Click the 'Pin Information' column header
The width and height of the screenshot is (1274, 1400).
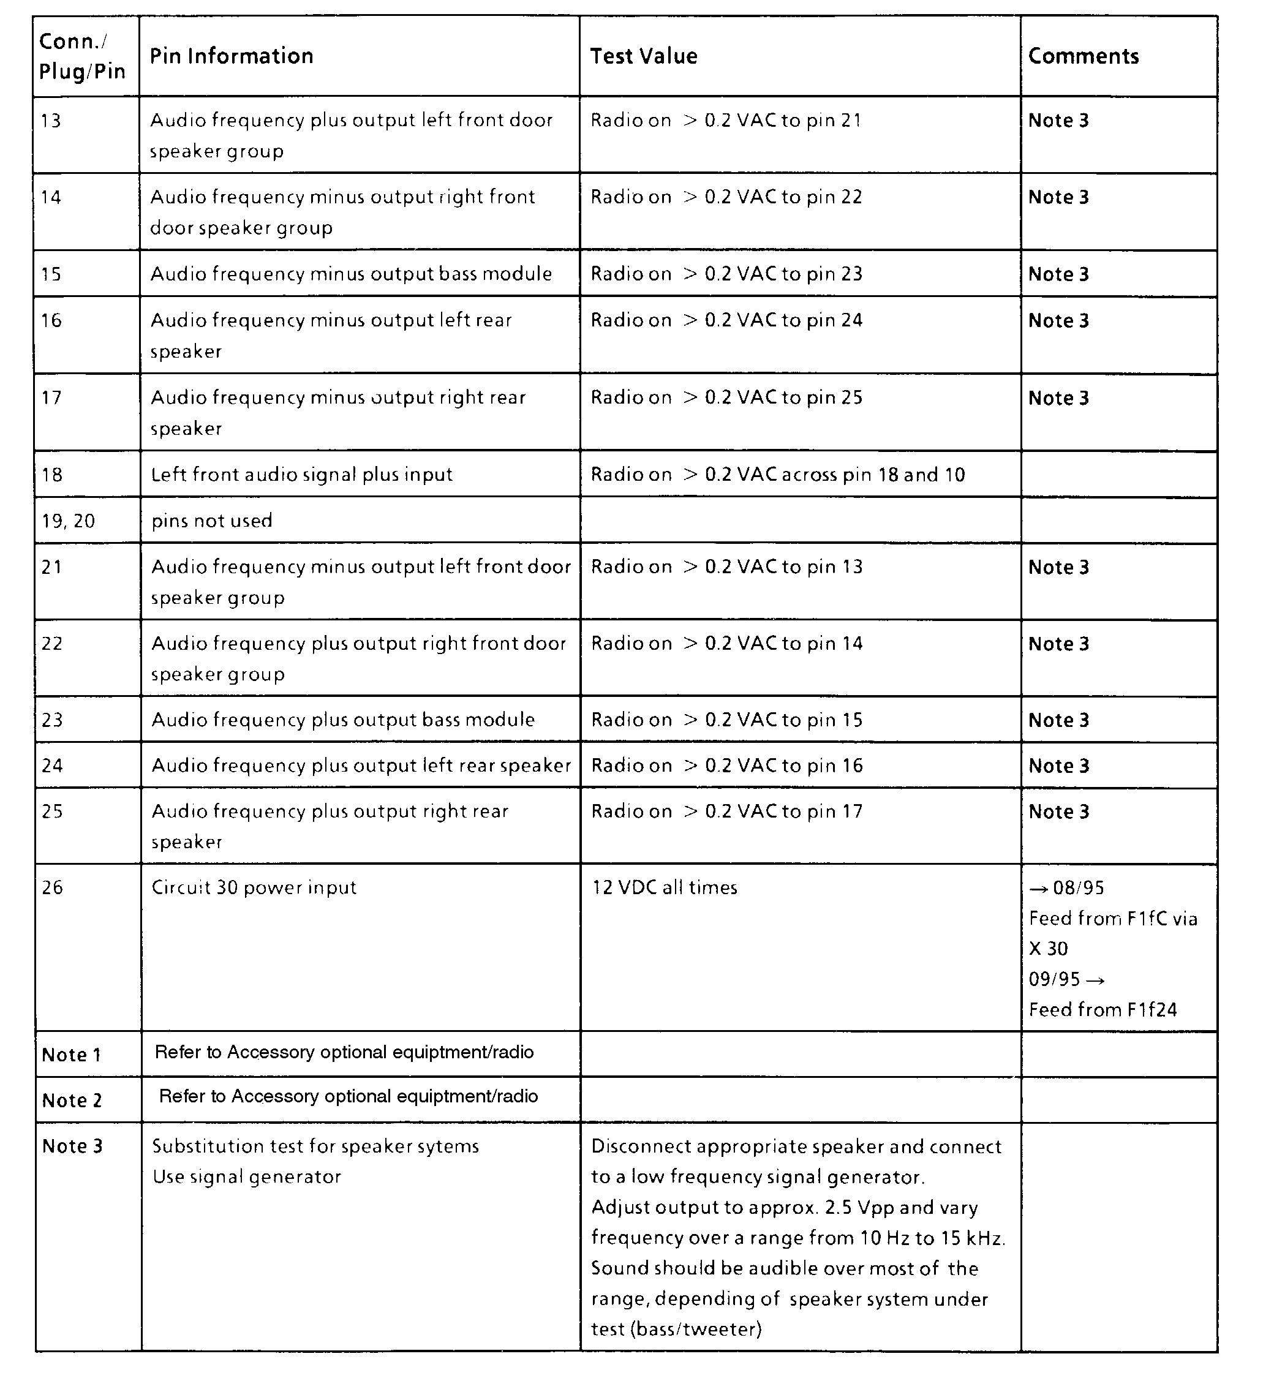[x=232, y=56]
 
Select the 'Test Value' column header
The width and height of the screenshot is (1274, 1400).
[x=643, y=56]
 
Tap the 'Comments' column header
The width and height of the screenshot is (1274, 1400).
[x=1083, y=56]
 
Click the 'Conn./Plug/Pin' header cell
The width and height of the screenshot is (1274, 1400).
[x=82, y=56]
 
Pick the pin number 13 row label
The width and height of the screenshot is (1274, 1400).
[x=51, y=121]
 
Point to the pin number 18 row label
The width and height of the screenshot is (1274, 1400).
[x=51, y=475]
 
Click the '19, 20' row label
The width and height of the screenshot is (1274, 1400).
[x=68, y=521]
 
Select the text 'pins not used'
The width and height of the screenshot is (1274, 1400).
[x=212, y=521]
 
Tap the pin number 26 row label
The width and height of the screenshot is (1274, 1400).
[x=52, y=887]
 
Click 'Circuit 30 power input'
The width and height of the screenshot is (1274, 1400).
[x=254, y=887]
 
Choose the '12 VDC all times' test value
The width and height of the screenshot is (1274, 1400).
[x=664, y=887]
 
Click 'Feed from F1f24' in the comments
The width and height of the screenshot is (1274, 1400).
[x=1103, y=1010]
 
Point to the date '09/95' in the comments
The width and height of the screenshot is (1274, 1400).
[x=1055, y=979]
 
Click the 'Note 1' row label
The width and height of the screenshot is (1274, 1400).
[x=72, y=1055]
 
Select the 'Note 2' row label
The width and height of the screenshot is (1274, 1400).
[x=72, y=1101]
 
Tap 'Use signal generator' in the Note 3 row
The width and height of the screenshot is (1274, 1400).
[x=247, y=1177]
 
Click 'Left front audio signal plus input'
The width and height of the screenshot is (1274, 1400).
[x=301, y=475]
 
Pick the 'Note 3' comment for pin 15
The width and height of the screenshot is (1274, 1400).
[x=1058, y=274]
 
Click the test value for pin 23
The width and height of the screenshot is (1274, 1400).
[x=726, y=720]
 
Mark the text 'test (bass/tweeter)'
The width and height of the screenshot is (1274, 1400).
[x=676, y=1329]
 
